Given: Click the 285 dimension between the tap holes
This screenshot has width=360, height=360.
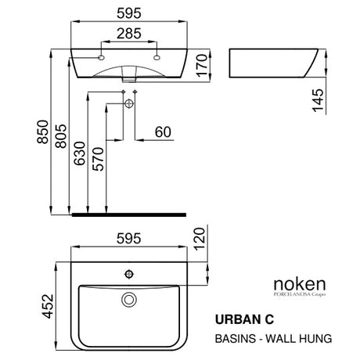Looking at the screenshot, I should [x=129, y=34].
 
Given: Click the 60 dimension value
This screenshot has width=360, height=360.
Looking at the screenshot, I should [x=163, y=132].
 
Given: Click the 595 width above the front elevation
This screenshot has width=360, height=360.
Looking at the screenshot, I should [x=129, y=13].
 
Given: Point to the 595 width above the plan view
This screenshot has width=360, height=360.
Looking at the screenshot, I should [x=129, y=236].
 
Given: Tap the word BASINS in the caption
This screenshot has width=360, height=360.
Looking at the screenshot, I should [x=234, y=338].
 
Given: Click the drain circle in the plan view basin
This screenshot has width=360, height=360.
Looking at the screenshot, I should [x=130, y=299].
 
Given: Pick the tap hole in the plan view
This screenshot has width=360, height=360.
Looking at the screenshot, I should [x=129, y=274].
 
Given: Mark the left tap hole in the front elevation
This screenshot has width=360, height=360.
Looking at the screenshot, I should [x=102, y=57].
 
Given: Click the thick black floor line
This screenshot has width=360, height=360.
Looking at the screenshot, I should [x=128, y=213].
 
